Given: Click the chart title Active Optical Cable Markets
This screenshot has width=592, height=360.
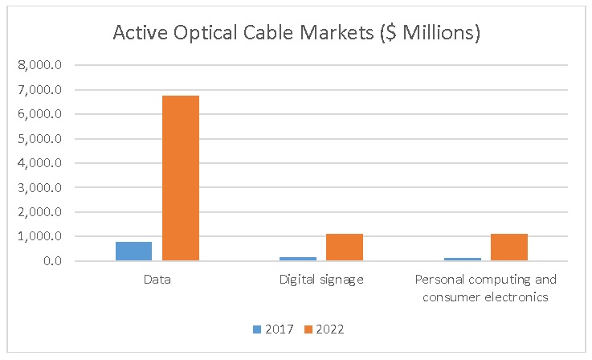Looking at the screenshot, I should tap(296, 33).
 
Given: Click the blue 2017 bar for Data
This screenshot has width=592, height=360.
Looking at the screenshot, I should tap(133, 252).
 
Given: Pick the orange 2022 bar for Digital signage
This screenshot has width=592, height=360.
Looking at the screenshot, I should tap(345, 247).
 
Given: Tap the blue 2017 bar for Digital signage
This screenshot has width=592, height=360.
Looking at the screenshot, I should tap(298, 259).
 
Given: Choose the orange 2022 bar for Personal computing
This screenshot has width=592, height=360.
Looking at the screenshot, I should tap(509, 247).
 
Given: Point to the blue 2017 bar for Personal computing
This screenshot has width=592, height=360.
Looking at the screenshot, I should tap(463, 259).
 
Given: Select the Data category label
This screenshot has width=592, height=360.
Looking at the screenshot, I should tap(157, 280).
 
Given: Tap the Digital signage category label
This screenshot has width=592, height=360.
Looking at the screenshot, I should tap(321, 280).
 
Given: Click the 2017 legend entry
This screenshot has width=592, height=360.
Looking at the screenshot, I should tap(274, 329).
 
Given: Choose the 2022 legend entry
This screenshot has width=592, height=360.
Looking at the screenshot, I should tap(325, 329).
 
